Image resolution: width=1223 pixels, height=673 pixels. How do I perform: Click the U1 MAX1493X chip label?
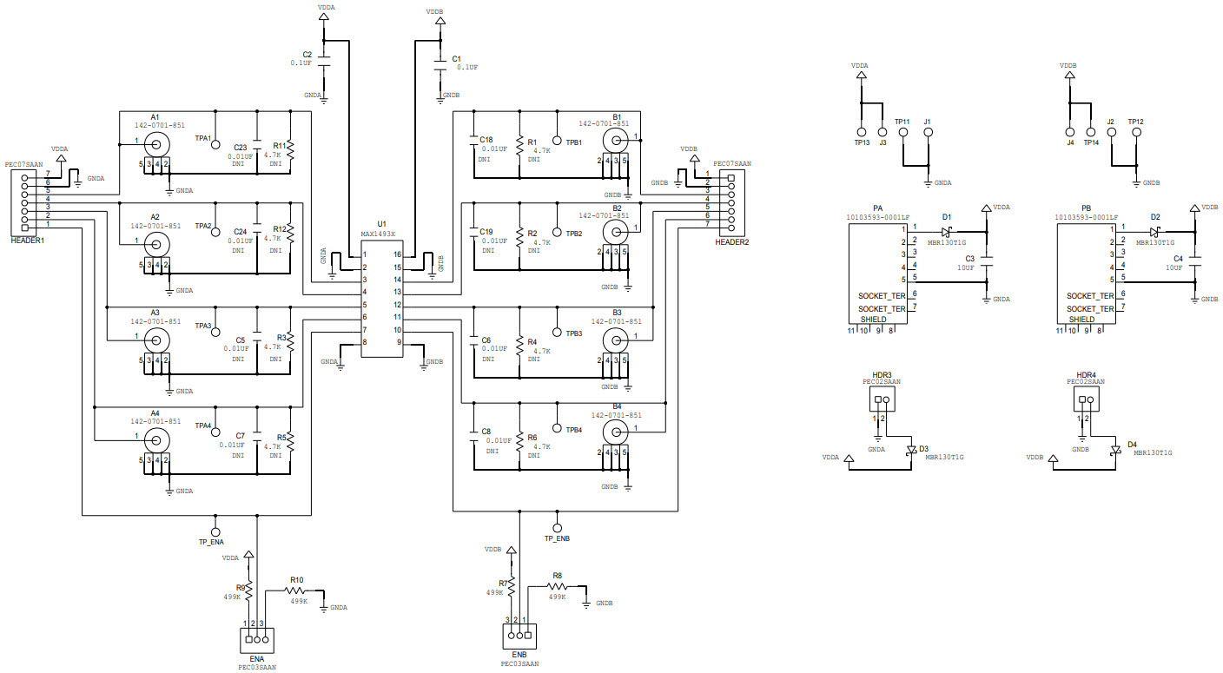coord(377,234)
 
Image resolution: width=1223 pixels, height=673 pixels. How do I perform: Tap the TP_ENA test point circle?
coord(216,531)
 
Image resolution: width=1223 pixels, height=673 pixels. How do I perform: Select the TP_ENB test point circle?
coord(557,526)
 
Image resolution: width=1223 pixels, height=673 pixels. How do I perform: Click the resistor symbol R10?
coord(298,591)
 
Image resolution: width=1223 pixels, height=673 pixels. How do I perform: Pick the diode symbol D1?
coord(948,231)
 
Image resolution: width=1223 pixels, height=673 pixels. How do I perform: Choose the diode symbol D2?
coord(1155,232)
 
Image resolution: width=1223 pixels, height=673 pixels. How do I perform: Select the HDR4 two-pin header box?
coord(1085,399)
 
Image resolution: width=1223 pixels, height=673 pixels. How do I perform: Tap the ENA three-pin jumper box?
coord(257,640)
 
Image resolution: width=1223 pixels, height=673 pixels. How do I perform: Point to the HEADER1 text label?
coord(28,240)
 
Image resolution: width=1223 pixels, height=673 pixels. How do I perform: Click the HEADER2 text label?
coord(731,241)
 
